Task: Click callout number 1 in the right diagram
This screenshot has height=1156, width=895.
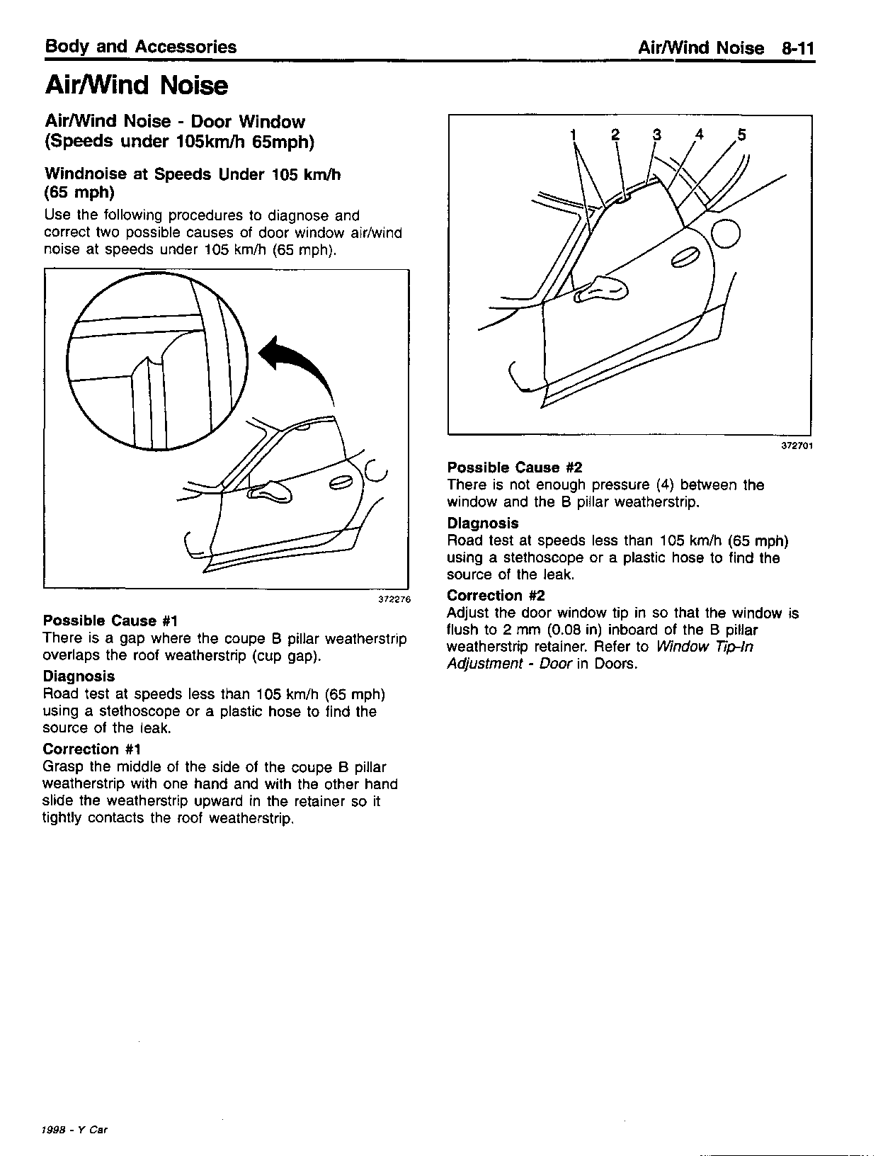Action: (574, 135)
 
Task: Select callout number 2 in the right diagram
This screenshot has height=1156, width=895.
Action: (615, 135)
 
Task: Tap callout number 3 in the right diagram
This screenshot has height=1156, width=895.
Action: (656, 135)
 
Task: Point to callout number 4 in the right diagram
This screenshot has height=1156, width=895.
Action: (700, 135)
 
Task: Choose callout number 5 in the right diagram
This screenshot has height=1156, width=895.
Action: (741, 135)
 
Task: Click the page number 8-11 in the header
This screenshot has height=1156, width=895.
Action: (798, 48)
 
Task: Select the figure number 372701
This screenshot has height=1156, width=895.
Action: (797, 446)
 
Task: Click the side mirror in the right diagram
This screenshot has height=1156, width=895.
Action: (602, 288)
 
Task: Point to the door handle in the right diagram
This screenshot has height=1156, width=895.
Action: (685, 259)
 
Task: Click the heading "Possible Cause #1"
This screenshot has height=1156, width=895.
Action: (109, 621)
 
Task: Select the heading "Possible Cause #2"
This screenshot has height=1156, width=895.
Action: (514, 467)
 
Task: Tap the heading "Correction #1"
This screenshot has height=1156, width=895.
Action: (92, 749)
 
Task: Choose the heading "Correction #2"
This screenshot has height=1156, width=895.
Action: (496, 596)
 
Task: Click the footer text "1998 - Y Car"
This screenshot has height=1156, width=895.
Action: (75, 1130)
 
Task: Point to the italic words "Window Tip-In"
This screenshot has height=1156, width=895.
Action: (705, 647)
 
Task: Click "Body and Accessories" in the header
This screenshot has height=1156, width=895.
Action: (140, 47)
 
